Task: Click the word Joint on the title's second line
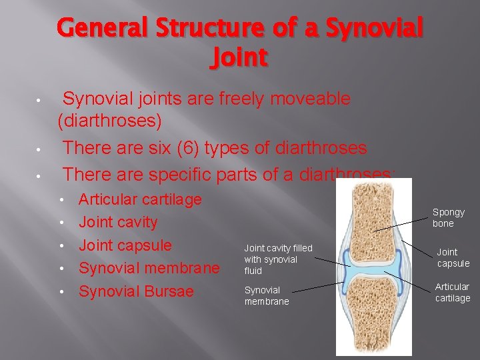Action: point(239,58)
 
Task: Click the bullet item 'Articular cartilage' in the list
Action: point(140,199)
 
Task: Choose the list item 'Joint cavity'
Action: point(118,222)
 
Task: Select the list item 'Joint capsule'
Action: point(125,245)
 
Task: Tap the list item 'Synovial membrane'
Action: point(149,268)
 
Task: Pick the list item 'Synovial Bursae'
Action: point(136,291)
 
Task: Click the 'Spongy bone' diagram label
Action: point(448,218)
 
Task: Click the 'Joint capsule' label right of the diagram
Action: point(453,257)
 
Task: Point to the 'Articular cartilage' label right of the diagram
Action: point(453,292)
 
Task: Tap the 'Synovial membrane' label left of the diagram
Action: point(267,295)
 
